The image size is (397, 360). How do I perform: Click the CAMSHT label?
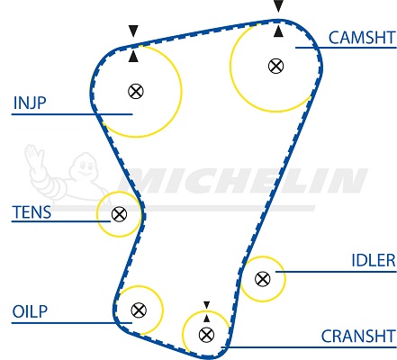click(x=362, y=38)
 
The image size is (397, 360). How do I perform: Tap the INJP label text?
click(x=30, y=103)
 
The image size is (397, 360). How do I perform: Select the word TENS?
click(x=32, y=212)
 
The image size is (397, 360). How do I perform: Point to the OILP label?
click(x=30, y=311)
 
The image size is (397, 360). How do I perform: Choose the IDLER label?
click(x=374, y=260)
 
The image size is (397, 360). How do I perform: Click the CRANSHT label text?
click(x=358, y=337)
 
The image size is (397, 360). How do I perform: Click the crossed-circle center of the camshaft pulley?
click(x=275, y=66)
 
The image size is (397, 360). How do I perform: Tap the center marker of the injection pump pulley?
click(x=136, y=91)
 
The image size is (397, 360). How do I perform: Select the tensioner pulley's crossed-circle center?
click(x=119, y=214)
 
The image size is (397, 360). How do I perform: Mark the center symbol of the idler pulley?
click(x=263, y=279)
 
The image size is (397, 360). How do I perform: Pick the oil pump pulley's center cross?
click(x=139, y=310)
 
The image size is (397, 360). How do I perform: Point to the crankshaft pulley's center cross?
click(x=206, y=335)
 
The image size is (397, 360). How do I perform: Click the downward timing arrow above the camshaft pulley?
click(x=278, y=6)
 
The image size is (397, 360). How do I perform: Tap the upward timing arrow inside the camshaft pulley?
click(x=278, y=31)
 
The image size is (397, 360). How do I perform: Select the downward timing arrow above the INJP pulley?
click(x=133, y=31)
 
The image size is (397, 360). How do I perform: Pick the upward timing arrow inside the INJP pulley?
click(x=133, y=57)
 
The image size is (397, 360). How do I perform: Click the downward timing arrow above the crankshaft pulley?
click(x=206, y=305)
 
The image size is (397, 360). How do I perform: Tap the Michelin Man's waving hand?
click(x=34, y=157)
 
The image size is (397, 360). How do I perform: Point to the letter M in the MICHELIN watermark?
click(x=144, y=181)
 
